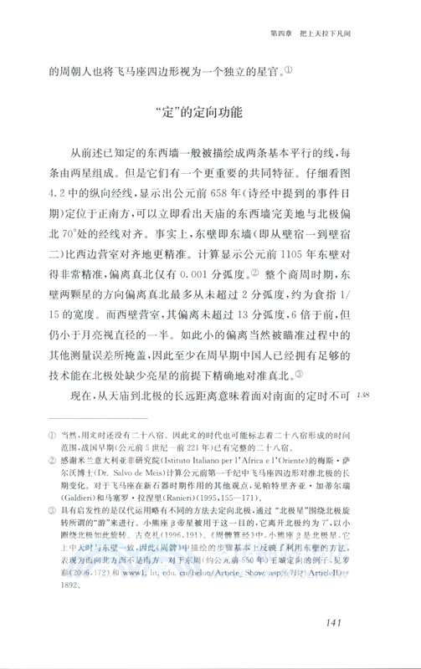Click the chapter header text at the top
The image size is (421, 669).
[x=320, y=34]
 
